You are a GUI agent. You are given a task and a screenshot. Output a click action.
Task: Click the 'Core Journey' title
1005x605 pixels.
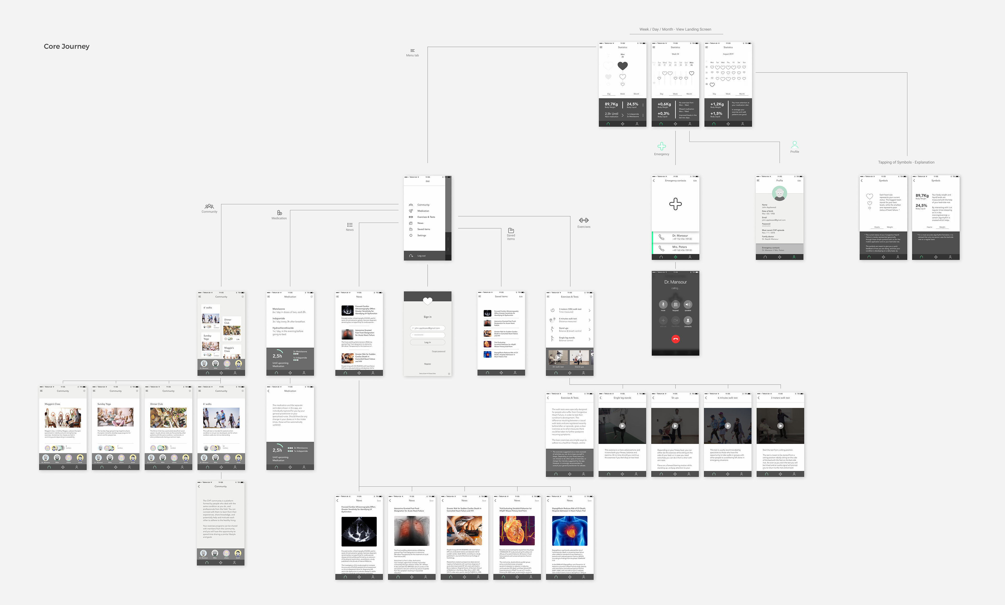[66, 47]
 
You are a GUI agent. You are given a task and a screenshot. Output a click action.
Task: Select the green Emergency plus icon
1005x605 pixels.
[661, 146]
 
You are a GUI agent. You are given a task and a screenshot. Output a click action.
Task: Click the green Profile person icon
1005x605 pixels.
[794, 145]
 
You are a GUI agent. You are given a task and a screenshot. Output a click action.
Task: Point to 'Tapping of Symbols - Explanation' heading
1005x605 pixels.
[906, 162]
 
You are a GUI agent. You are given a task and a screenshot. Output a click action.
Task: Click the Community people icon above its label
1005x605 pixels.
[209, 206]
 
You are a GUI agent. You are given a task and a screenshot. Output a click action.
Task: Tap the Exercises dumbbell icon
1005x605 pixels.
[584, 220]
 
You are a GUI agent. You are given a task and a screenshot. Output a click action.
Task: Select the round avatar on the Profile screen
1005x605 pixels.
[779, 193]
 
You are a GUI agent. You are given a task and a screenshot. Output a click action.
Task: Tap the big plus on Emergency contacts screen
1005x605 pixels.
[675, 204]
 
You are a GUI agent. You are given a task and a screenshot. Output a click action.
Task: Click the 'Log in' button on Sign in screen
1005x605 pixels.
[427, 342]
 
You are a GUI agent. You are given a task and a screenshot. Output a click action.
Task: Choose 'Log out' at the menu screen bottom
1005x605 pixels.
[421, 256]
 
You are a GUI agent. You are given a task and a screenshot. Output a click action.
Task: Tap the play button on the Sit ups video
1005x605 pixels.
[675, 426]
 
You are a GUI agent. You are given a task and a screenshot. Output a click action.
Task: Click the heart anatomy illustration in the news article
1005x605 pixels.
[517, 530]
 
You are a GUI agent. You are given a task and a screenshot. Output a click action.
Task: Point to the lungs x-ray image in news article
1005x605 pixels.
[412, 530]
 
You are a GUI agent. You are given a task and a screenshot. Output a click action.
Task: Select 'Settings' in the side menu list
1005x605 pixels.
[421, 235]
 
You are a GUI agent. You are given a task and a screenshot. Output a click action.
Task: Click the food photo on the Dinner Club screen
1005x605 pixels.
[168, 418]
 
